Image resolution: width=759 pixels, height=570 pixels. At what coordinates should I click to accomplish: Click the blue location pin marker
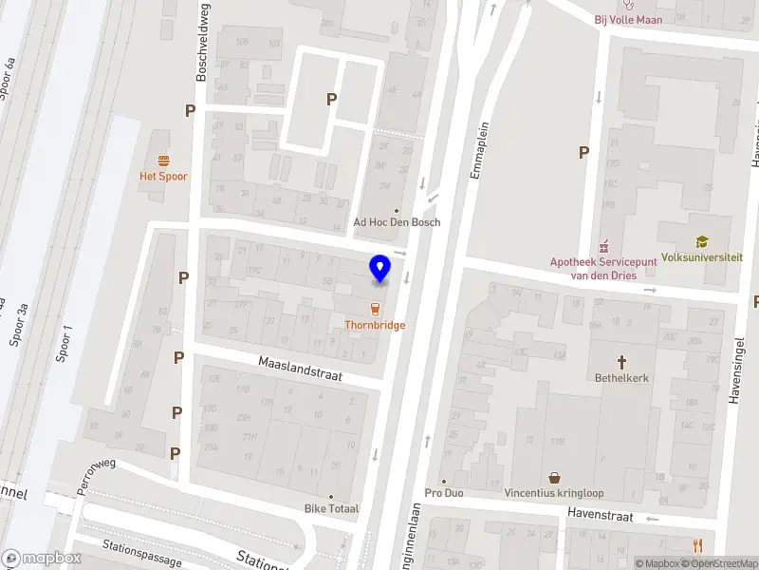(380, 269)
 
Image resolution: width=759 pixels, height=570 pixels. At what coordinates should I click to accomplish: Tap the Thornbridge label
(375, 325)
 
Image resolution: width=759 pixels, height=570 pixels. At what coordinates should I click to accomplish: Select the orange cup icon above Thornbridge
(375, 308)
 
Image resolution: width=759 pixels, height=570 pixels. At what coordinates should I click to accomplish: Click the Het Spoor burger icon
(164, 160)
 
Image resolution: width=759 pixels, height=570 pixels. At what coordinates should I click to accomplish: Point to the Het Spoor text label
(164, 176)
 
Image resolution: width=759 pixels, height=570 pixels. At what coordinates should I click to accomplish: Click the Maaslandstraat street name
(299, 369)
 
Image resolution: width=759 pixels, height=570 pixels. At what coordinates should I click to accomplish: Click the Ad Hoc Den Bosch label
(397, 222)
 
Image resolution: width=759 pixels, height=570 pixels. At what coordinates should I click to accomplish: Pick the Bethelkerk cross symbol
(622, 361)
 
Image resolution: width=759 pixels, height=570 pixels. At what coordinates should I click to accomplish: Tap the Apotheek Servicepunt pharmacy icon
(601, 247)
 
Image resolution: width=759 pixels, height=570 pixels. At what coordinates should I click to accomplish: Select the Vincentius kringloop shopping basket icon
(554, 478)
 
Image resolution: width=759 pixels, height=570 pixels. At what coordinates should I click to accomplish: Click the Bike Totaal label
(331, 508)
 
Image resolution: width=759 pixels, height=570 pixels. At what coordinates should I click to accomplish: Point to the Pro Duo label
(445, 493)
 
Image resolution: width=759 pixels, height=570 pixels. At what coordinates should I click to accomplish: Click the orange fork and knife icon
(698, 544)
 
